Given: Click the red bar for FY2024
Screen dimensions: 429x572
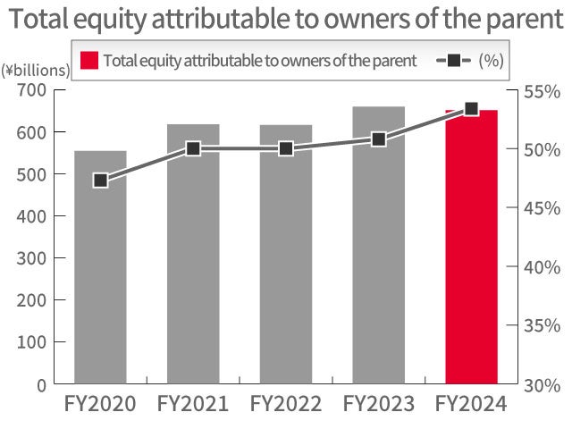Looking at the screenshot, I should [471, 250].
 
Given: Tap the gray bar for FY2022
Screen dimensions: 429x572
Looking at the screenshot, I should [286, 259].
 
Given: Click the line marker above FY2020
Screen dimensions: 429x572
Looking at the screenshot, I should [100, 181].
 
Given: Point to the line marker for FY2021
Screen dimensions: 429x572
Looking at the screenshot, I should [193, 149].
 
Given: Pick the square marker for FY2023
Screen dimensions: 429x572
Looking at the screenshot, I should [378, 139].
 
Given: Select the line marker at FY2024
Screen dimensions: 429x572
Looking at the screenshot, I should [471, 109].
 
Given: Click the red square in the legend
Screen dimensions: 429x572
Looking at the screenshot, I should [88, 61].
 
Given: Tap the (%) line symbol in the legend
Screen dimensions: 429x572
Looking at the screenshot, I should [453, 61].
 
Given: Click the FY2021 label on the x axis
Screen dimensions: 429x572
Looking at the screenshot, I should [193, 404].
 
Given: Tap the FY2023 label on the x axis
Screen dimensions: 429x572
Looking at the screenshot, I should [378, 404].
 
